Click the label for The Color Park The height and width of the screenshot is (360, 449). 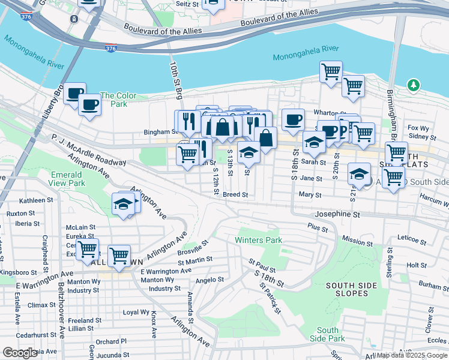click(x=118, y=100)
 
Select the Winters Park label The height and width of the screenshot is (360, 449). click(x=258, y=241)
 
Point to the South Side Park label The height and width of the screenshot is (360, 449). click(x=328, y=335)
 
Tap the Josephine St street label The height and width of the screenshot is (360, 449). click(x=337, y=214)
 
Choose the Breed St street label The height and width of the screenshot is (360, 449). click(x=235, y=195)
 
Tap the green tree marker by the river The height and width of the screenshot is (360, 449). click(x=413, y=86)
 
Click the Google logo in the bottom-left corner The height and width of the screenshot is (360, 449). click(x=20, y=352)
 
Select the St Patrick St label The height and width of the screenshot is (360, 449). click(x=270, y=298)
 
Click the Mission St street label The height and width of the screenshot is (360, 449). click(x=357, y=241)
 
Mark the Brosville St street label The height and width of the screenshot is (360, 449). click(x=192, y=248)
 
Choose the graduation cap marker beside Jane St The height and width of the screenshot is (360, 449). click(x=359, y=174)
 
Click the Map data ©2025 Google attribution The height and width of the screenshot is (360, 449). click(x=411, y=355)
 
